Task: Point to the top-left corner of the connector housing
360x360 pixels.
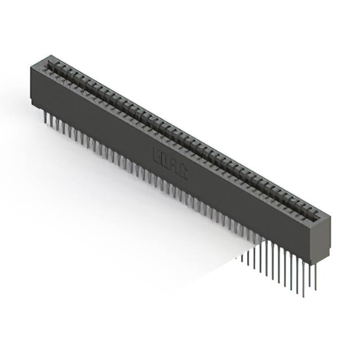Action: tap(31, 66)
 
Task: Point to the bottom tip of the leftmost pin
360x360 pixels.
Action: tap(44, 122)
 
